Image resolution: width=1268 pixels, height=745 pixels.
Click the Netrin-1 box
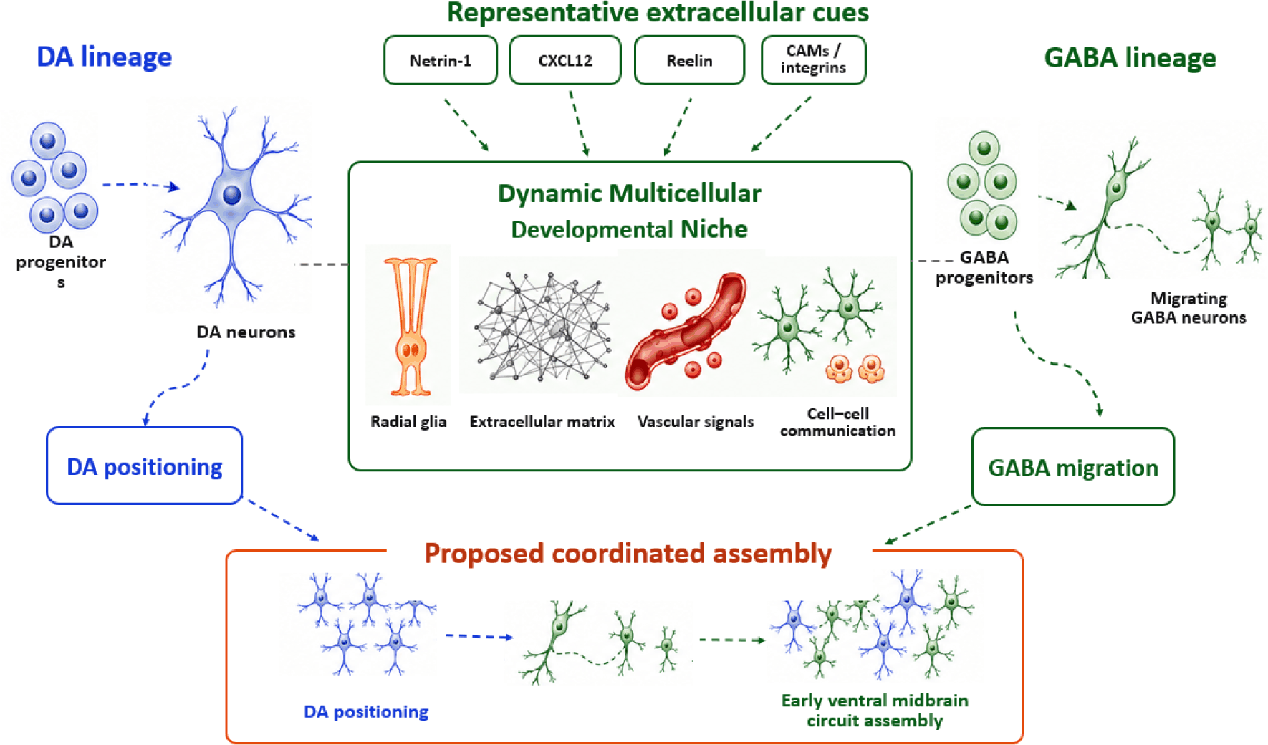(441, 60)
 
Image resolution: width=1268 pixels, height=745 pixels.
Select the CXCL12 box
(565, 60)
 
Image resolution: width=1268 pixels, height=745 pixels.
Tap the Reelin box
(689, 60)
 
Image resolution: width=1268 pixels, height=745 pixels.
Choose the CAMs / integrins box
(813, 60)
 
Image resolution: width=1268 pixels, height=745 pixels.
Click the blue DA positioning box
(145, 466)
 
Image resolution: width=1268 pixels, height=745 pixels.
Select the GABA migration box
(1073, 467)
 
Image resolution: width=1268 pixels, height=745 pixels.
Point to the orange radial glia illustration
(410, 327)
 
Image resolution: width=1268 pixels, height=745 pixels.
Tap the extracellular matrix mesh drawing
(542, 326)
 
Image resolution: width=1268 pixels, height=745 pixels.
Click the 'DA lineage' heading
(105, 57)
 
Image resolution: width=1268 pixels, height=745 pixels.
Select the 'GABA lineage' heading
(1130, 57)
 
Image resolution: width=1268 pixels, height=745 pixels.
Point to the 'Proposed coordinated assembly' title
(628, 553)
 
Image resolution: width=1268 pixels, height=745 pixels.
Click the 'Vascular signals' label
(696, 422)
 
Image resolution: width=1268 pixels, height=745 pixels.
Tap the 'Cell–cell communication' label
(838, 422)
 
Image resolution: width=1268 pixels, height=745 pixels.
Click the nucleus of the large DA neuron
(232, 195)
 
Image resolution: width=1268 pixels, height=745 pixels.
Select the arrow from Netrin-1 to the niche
(466, 125)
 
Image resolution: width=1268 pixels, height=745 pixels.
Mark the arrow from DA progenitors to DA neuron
(141, 186)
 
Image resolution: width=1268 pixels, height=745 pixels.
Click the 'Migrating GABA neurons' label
(1188, 308)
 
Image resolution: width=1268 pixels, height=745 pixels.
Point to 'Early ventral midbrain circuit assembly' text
(875, 711)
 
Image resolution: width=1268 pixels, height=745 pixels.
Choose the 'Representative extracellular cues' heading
(658, 13)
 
